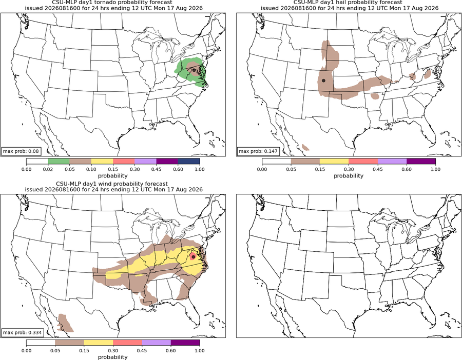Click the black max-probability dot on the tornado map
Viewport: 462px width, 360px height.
pos(194,70)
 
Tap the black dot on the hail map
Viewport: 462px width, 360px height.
pos(323,81)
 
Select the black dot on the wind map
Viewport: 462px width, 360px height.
pos(193,257)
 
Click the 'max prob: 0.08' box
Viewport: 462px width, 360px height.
pos(21,151)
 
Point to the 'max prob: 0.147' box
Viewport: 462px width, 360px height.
pos(258,151)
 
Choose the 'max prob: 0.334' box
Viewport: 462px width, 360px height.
pos(22,333)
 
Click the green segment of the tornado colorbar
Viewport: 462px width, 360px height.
pos(59,162)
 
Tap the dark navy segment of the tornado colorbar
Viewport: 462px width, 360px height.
pos(189,162)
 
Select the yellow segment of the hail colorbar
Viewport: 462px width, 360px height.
pos(334,162)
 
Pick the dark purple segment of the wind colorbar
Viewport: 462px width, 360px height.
pos(185,343)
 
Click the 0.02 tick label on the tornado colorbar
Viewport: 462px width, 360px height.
pos(48,169)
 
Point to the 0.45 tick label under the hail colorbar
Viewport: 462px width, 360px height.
pos(378,169)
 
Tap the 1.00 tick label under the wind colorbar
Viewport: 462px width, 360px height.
pos(200,351)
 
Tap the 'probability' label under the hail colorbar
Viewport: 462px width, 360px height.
pos(349,176)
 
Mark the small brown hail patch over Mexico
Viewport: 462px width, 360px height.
pos(305,147)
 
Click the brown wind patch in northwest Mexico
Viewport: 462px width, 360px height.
pos(65,323)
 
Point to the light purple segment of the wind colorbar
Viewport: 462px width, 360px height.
pos(157,343)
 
